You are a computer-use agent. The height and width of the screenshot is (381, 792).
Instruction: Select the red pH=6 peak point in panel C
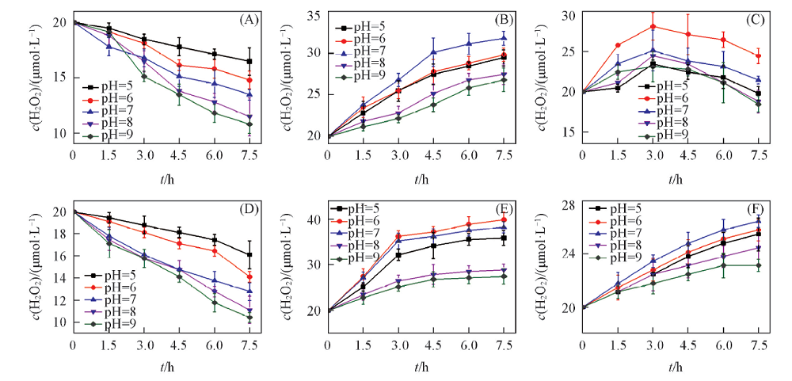coord(653,26)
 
